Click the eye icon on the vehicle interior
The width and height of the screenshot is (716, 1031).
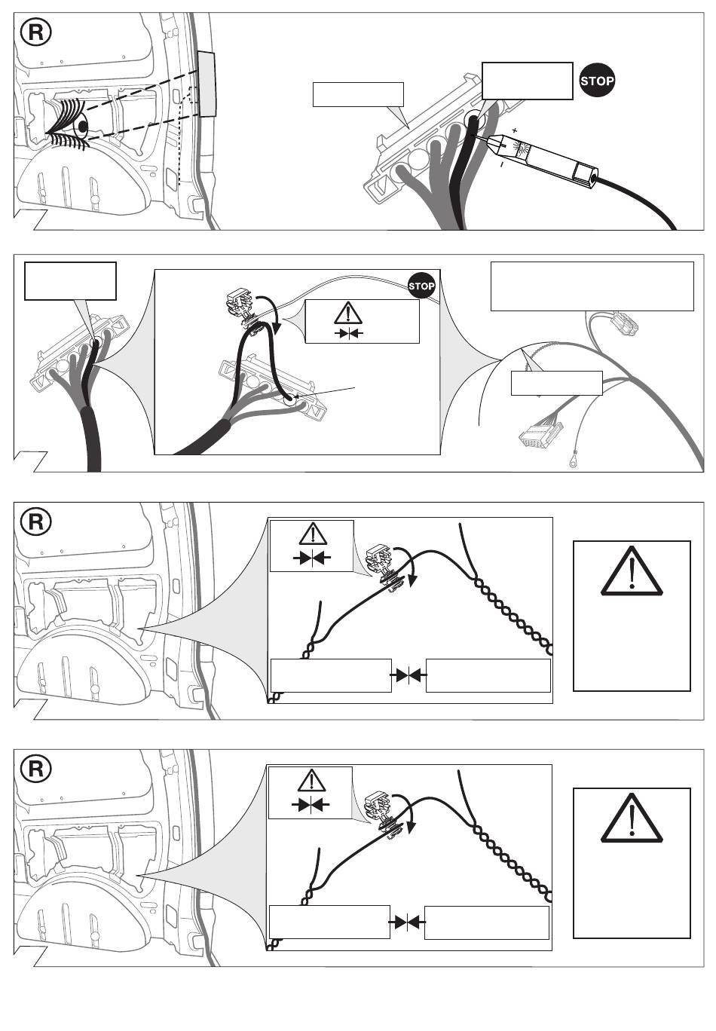point(69,124)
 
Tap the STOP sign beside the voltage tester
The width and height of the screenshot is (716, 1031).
point(596,81)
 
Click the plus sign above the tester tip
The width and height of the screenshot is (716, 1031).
point(514,130)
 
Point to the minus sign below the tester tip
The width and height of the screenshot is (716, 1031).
point(501,163)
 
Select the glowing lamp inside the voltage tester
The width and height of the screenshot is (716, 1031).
point(523,148)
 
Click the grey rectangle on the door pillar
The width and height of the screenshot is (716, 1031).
point(207,84)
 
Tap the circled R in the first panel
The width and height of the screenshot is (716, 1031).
point(36,32)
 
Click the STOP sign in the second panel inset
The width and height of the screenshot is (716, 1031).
point(421,286)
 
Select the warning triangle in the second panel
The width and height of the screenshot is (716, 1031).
point(348,313)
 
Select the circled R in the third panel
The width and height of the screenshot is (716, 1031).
point(36,522)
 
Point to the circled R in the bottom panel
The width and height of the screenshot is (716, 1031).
point(36,769)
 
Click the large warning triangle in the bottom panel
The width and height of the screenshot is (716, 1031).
point(632,818)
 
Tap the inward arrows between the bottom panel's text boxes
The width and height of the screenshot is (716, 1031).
point(407,922)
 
